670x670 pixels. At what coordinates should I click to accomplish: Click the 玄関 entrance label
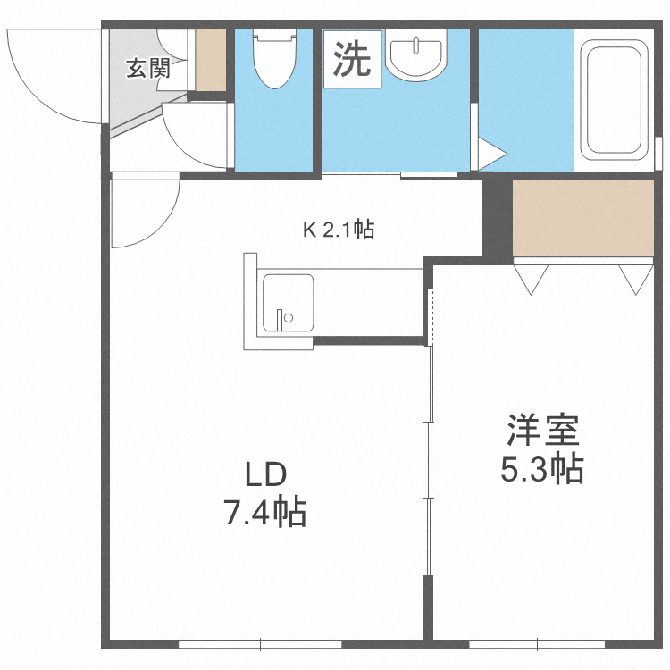pos(147,69)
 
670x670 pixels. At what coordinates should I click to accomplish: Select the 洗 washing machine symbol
pos(352,60)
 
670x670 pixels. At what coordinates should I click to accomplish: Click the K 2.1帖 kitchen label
pos(337,230)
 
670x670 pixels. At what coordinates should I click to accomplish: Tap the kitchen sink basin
pos(288,303)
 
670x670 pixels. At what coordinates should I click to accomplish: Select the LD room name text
pos(264,473)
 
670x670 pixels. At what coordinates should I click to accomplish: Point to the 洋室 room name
pos(542,431)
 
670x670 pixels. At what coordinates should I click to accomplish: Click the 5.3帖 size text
pos(542,468)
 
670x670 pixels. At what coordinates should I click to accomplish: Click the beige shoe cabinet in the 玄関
pos(212,60)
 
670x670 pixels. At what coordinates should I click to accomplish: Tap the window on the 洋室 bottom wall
pos(540,642)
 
